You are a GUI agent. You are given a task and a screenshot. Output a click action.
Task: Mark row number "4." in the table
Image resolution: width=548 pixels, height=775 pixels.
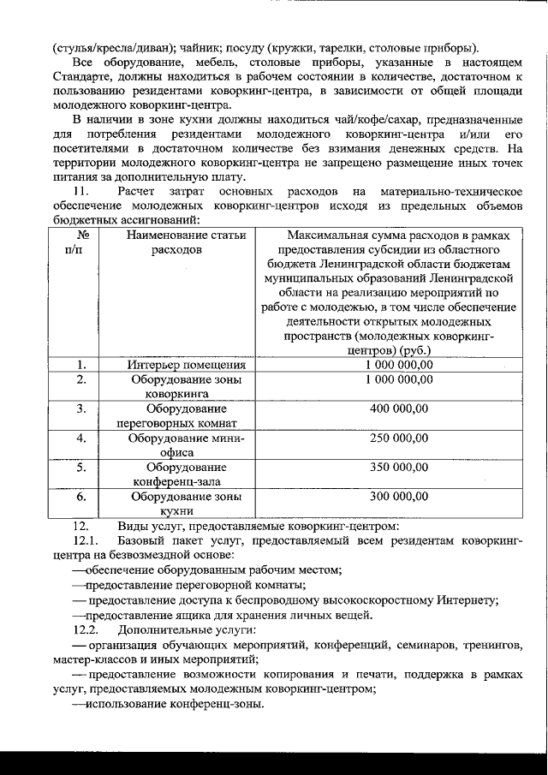tap(82, 438)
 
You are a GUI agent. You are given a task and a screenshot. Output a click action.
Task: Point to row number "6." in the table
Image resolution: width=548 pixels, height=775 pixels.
tap(82, 496)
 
